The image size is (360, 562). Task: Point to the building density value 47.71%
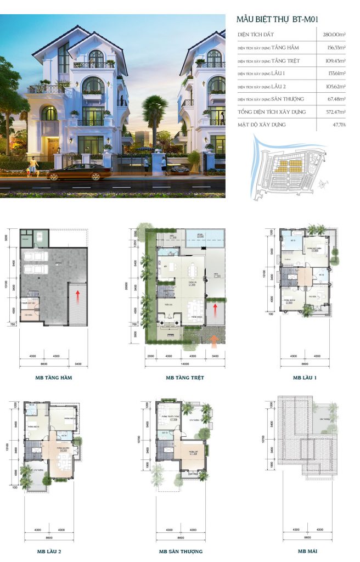click(x=337, y=125)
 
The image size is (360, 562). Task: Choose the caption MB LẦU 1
click(x=305, y=378)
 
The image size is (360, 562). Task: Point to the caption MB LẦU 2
click(x=53, y=550)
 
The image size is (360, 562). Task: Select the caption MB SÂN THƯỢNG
click(x=181, y=550)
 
